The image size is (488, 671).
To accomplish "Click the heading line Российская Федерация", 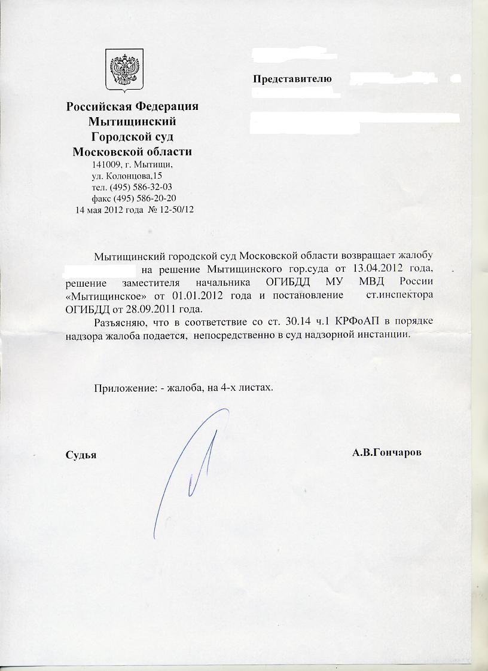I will (x=132, y=107).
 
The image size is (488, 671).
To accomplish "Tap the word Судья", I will (x=81, y=454).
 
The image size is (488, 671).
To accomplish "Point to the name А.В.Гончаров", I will (x=387, y=453).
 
